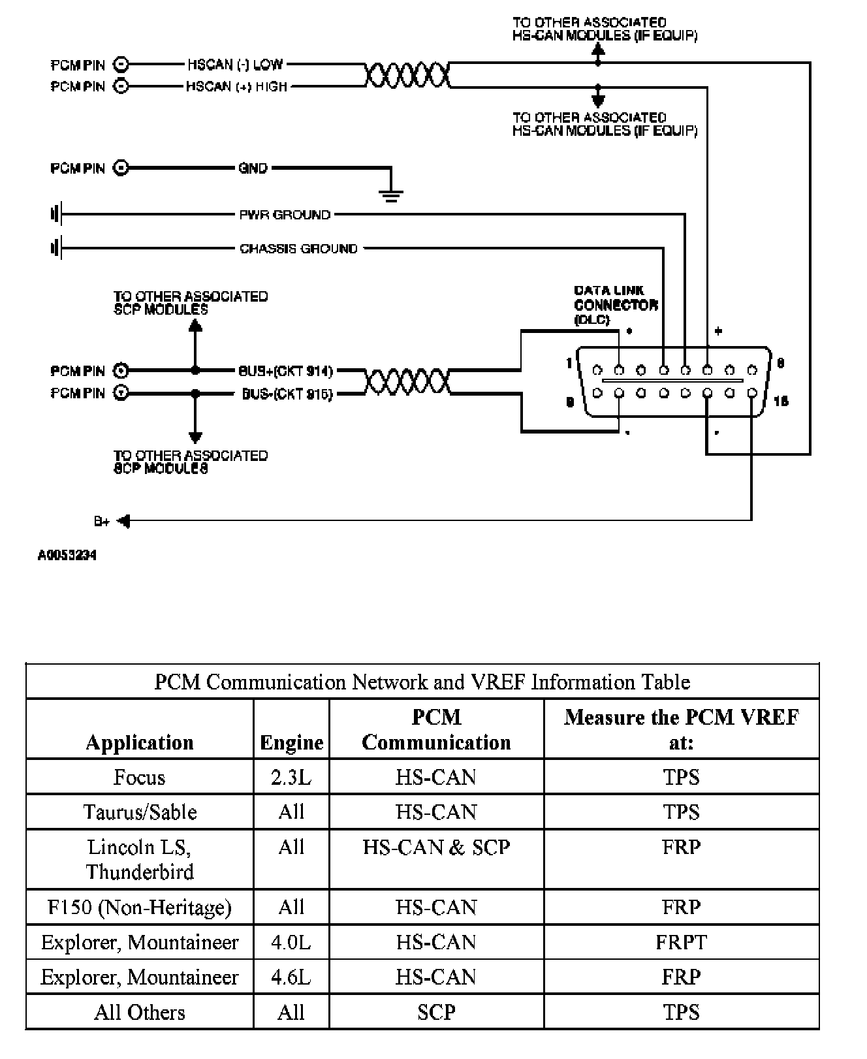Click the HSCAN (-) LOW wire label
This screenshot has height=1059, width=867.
235,65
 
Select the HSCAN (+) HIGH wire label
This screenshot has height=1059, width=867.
236,86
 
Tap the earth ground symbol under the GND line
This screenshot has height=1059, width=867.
391,194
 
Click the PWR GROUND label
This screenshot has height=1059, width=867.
285,214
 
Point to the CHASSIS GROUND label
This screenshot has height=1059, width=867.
298,249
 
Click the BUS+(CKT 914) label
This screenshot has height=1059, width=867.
285,371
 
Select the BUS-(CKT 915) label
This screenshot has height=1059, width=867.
287,394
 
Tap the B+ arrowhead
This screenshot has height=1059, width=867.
123,521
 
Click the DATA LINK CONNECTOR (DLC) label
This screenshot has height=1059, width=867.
615,305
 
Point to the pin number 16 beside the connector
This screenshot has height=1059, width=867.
780,401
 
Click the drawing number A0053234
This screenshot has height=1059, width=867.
67,556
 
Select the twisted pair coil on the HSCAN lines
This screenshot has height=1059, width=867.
407,75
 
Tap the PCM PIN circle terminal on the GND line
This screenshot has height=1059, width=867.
121,168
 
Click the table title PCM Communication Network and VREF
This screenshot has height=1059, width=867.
422,682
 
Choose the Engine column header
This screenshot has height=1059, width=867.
291,742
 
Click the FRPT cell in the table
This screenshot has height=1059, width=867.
681,942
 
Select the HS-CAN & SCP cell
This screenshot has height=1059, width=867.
436,847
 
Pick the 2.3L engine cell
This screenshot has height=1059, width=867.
291,777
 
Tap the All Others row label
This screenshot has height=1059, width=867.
140,1012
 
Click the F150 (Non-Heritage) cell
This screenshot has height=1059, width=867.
140,908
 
